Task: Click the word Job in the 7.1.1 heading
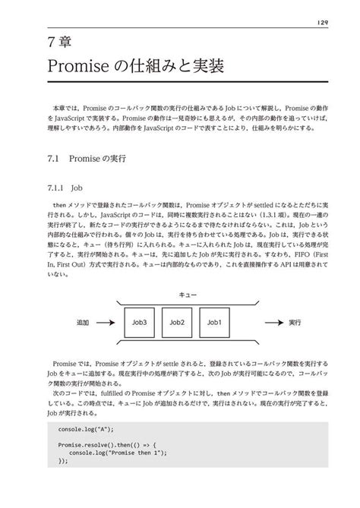click(76, 185)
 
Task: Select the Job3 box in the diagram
click(139, 323)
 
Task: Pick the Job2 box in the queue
click(177, 323)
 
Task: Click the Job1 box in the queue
click(214, 323)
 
